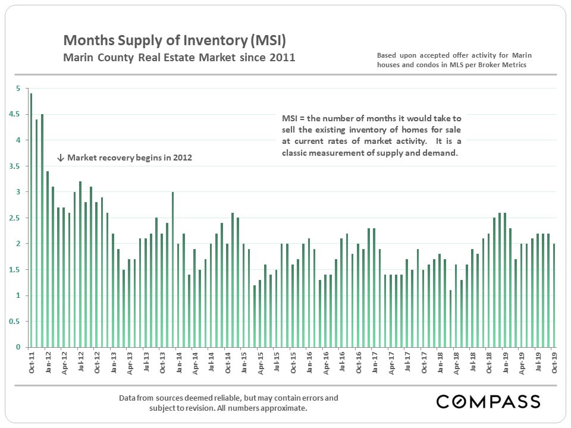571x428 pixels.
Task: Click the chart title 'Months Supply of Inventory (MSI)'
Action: (x=174, y=40)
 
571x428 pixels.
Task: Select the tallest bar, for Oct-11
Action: (x=31, y=220)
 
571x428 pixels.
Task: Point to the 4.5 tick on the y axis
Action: (x=14, y=115)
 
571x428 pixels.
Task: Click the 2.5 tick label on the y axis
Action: (x=14, y=218)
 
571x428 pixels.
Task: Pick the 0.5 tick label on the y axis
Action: (x=14, y=322)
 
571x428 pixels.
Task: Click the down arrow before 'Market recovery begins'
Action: (x=61, y=158)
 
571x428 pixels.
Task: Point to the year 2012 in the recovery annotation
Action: (x=181, y=158)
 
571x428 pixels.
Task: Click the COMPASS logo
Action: (x=488, y=401)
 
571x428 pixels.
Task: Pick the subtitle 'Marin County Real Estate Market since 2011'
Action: (x=179, y=58)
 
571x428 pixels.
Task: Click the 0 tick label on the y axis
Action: (x=18, y=347)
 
